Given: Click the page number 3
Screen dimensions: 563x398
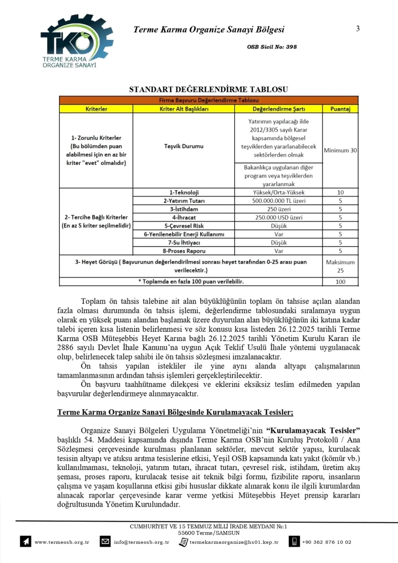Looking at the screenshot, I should click(358, 29).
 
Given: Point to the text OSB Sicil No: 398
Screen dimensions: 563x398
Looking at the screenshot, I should click(272, 47).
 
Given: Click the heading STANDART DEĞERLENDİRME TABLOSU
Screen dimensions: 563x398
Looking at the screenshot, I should click(209, 89).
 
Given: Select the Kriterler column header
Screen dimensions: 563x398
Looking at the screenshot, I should click(96, 109).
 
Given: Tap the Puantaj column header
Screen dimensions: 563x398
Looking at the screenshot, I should click(340, 109).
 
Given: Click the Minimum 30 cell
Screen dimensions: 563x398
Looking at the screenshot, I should click(340, 150).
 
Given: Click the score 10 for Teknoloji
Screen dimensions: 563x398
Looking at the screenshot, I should click(340, 193).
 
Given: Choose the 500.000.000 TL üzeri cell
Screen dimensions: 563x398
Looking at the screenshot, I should click(279, 201).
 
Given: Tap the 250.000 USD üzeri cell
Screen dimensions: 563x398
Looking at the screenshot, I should click(279, 217).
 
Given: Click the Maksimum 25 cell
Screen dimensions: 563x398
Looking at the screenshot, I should click(340, 266).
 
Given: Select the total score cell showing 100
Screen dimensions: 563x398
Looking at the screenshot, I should click(340, 281).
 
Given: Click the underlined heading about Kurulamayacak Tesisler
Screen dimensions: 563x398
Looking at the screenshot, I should click(175, 411).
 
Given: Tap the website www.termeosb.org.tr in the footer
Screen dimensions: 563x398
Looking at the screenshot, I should click(62, 542).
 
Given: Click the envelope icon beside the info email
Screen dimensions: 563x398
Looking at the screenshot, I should click(105, 542).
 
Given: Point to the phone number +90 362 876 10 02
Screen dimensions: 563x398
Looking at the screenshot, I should click(327, 542).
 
